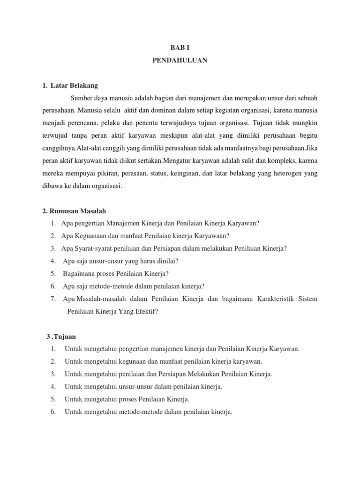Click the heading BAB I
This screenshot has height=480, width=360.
180,47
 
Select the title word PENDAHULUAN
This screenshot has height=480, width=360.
180,60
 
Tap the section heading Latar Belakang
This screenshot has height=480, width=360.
72,86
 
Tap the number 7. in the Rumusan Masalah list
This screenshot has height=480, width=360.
54,299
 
